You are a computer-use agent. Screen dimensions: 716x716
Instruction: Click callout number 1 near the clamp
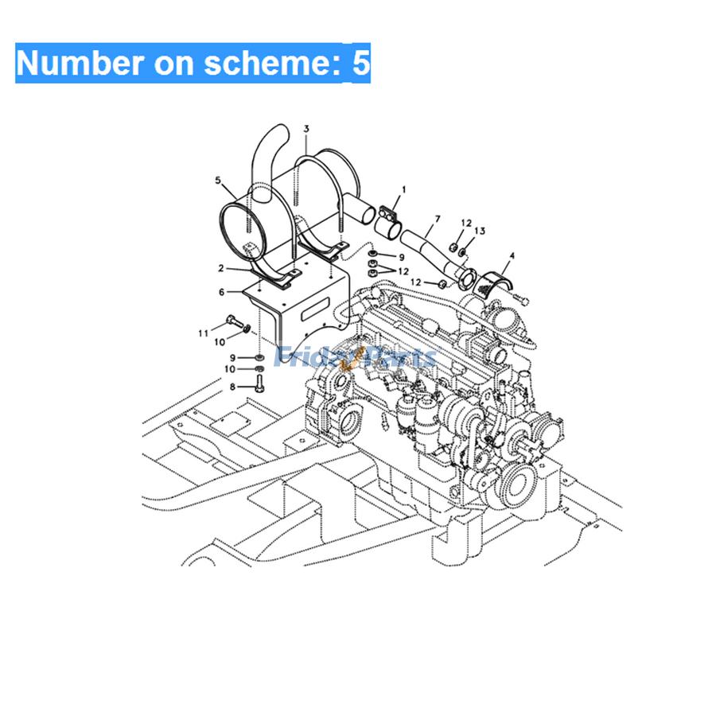[403, 189]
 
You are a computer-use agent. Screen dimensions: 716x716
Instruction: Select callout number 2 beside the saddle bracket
[221, 268]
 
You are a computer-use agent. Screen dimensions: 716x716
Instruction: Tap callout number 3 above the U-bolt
[306, 129]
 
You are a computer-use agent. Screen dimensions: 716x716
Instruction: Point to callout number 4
[512, 255]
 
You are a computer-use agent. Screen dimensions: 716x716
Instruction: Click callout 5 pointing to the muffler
[218, 181]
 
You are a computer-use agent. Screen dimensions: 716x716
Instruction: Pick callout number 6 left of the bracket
[221, 292]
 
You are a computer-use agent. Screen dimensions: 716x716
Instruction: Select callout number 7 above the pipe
[438, 219]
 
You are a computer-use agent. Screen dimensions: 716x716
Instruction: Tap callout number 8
[232, 387]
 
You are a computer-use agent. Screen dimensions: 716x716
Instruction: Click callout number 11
[203, 333]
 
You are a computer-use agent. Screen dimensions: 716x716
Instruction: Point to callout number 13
[480, 231]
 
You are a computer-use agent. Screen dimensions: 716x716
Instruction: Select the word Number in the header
[80, 63]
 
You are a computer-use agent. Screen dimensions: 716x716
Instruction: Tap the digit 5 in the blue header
[360, 63]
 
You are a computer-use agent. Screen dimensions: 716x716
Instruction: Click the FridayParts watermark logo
[355, 356]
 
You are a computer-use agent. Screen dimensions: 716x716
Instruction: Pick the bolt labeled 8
[260, 384]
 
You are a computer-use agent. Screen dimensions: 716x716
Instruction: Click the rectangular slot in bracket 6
[315, 309]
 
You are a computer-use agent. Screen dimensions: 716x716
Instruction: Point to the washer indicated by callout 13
[462, 251]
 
